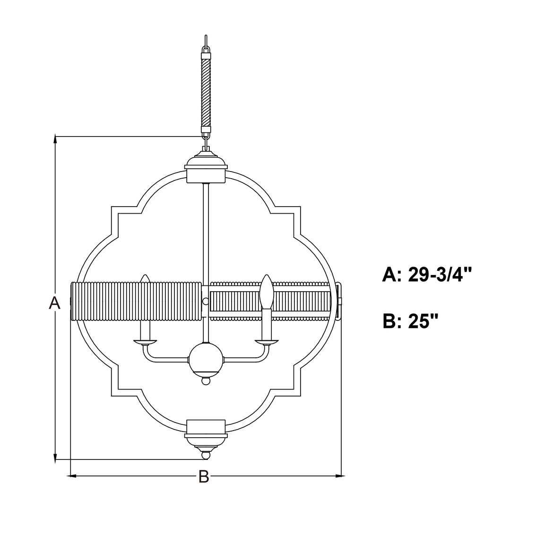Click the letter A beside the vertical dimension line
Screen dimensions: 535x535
click(x=55, y=303)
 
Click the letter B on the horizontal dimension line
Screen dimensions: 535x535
click(x=204, y=476)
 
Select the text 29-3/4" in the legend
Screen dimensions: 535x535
click(x=440, y=274)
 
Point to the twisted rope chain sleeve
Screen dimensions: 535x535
click(x=206, y=93)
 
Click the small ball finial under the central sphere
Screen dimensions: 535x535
click(x=206, y=380)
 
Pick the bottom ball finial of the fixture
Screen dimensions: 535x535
click(x=206, y=456)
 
